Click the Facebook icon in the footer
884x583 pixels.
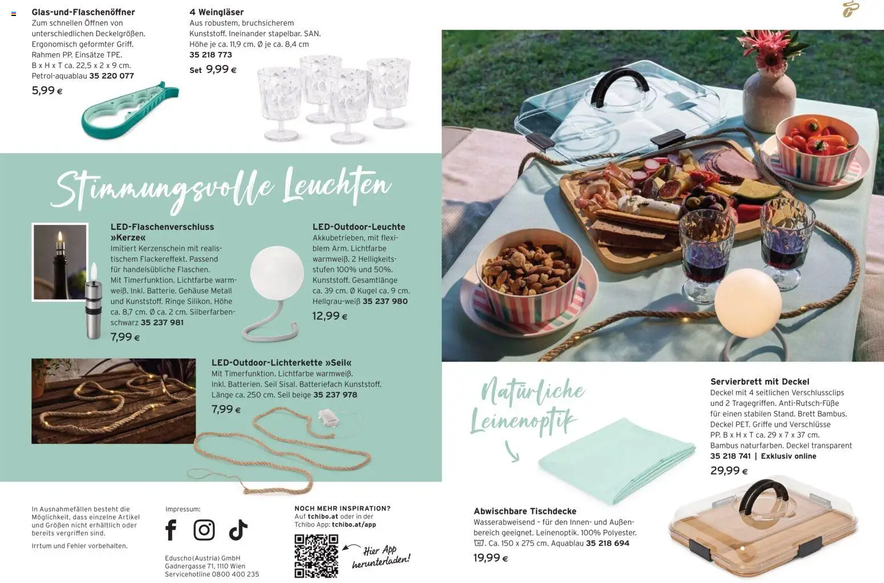(x=171, y=529)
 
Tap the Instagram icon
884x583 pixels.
(x=204, y=529)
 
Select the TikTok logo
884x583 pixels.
(x=238, y=529)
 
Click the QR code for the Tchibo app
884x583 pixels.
(x=316, y=556)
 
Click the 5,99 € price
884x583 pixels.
(x=47, y=90)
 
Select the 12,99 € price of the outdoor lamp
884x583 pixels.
(x=330, y=316)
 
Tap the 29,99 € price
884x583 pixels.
(x=728, y=471)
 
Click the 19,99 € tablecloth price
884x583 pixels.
(x=490, y=558)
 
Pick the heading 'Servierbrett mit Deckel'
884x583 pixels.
(x=760, y=381)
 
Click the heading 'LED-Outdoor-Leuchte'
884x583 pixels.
(x=359, y=226)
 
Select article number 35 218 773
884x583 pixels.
(x=211, y=54)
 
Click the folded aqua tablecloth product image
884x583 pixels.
(x=617, y=461)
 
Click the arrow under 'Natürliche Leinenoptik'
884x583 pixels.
(x=512, y=451)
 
